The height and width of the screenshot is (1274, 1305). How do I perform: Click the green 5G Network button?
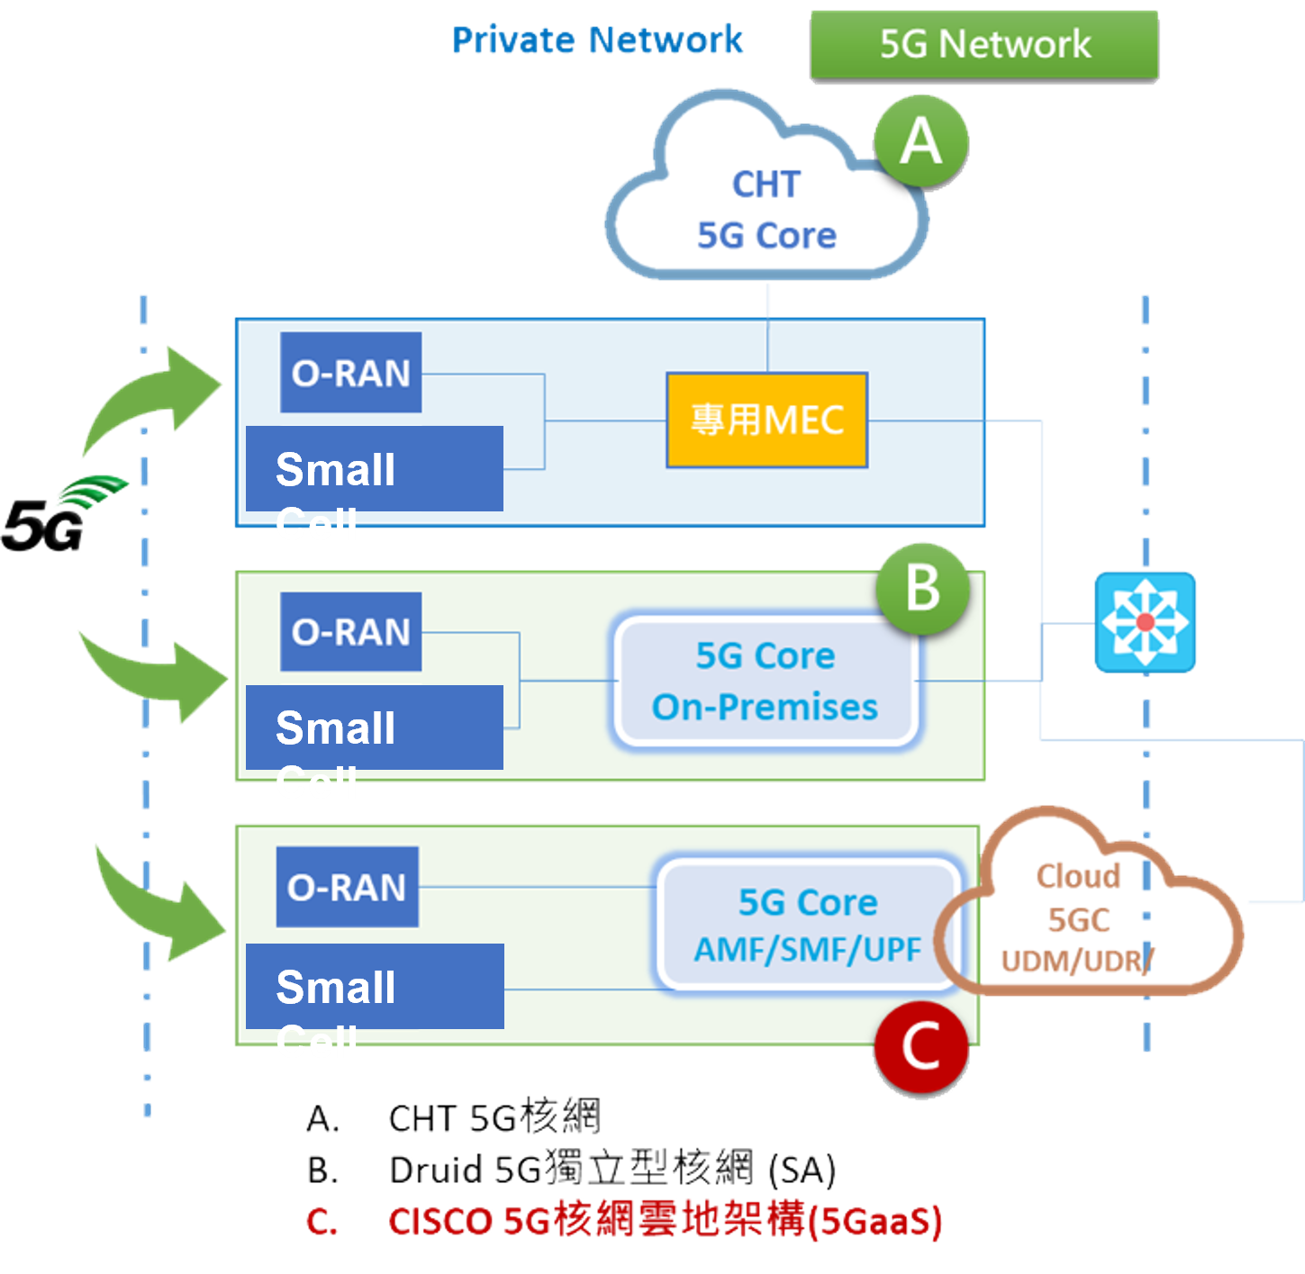(984, 45)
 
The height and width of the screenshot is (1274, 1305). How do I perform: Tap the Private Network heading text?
(597, 41)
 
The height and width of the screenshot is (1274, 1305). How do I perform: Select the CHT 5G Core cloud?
(766, 209)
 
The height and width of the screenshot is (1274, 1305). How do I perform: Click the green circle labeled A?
(920, 142)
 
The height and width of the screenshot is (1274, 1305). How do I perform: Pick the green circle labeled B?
(922, 590)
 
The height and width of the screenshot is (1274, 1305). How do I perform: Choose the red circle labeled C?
(920, 1047)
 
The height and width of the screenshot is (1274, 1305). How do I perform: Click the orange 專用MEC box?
(766, 420)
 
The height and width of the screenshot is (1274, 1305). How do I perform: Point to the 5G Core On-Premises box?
(766, 682)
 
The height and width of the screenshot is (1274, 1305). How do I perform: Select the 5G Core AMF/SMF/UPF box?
(808, 925)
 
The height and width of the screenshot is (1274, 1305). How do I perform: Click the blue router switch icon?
(1145, 621)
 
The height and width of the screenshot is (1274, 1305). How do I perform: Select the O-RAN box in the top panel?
(350, 373)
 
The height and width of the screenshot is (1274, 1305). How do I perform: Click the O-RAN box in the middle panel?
(350, 632)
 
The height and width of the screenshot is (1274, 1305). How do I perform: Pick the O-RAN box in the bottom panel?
(347, 888)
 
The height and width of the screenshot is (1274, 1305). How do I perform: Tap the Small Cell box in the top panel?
(374, 469)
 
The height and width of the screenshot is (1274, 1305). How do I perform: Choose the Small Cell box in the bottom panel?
(374, 987)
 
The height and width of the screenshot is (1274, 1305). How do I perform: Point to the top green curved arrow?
(158, 396)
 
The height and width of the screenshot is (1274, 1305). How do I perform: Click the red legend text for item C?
(665, 1221)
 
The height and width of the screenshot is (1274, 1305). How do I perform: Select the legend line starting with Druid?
(612, 1170)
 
